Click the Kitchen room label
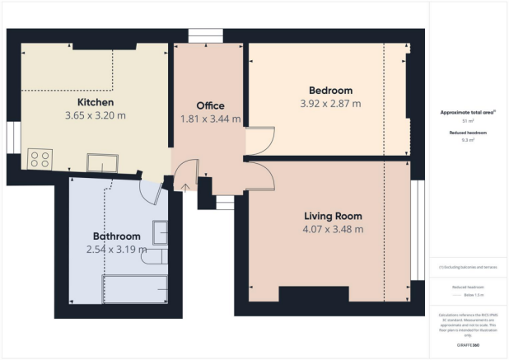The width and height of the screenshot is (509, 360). [x=96, y=102]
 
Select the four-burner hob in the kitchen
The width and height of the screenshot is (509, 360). [x=38, y=158]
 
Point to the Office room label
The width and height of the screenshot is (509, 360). [x=210, y=105]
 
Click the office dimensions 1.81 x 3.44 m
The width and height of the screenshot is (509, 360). [x=210, y=119]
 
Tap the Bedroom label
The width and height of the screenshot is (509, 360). [x=330, y=90]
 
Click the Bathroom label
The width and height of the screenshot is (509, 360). [x=117, y=236]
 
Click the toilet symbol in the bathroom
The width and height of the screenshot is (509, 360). [x=155, y=258]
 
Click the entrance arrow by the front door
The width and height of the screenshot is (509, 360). [x=184, y=185]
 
